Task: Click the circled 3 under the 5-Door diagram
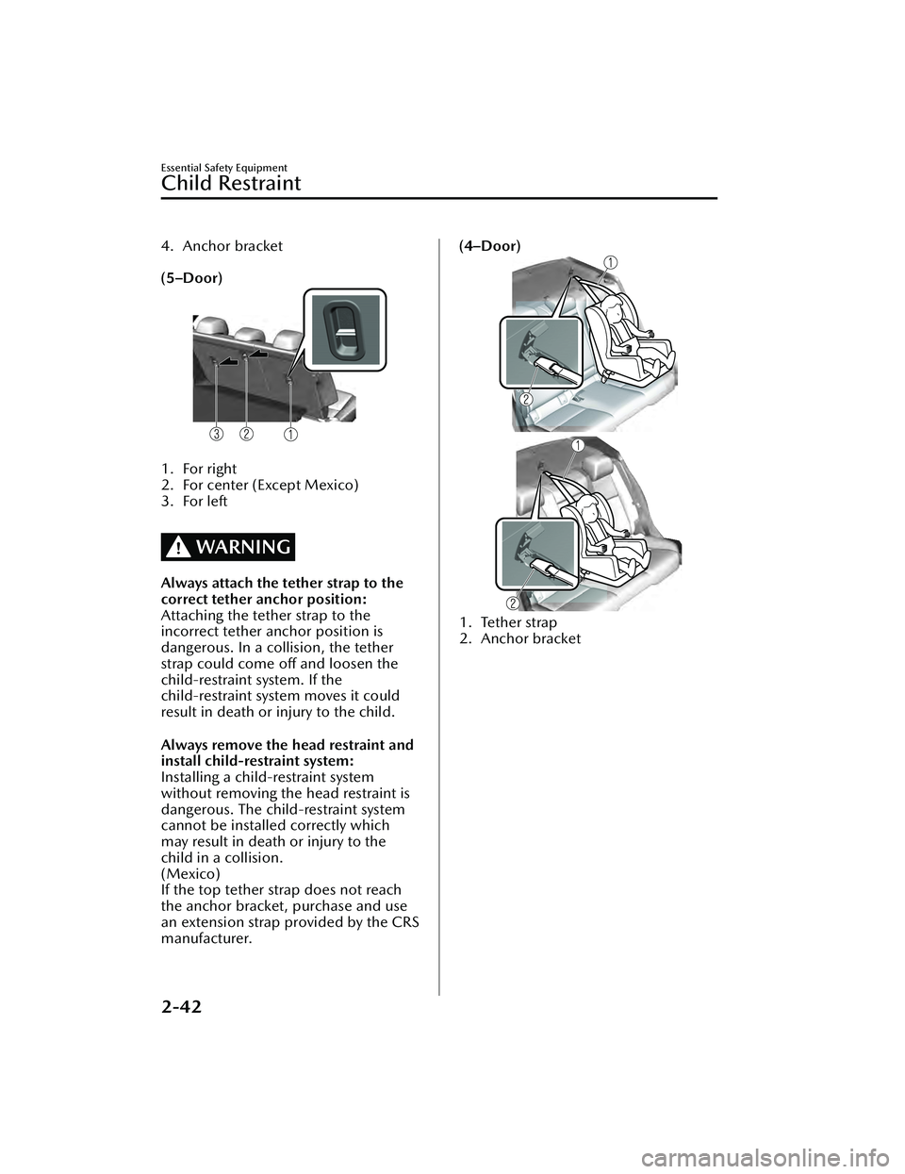tap(217, 435)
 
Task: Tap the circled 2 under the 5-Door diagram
tap(246, 435)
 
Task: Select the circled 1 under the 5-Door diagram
tap(290, 435)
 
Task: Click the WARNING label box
tap(228, 547)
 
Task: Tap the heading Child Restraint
tap(231, 183)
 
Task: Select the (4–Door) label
tap(490, 246)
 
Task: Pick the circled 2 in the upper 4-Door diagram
tap(524, 400)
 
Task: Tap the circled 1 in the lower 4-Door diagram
tap(575, 443)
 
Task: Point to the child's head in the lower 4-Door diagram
tap(588, 510)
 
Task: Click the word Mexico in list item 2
tap(333, 485)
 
